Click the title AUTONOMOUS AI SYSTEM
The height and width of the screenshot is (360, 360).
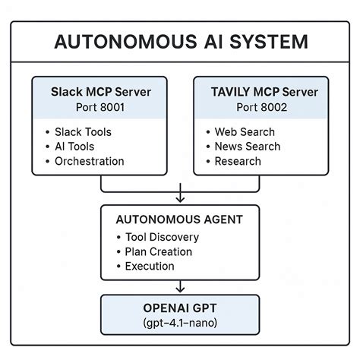(x=180, y=42)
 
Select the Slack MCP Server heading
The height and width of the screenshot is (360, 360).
(x=101, y=92)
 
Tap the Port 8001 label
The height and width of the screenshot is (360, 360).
(x=101, y=107)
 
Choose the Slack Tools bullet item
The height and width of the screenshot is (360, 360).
(x=83, y=132)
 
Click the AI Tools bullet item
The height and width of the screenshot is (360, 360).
(x=76, y=147)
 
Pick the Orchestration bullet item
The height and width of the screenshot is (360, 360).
(x=89, y=161)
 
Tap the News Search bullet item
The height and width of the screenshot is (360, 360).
(x=247, y=147)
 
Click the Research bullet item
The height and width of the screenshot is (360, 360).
(x=238, y=161)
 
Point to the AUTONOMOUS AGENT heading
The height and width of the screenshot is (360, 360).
(x=180, y=219)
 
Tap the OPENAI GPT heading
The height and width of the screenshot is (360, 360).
(x=180, y=308)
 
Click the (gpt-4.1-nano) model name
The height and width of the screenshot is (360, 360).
(x=180, y=324)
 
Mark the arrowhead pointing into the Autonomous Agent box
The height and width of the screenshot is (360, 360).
(x=180, y=200)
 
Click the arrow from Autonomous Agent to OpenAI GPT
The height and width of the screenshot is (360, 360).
(x=180, y=287)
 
